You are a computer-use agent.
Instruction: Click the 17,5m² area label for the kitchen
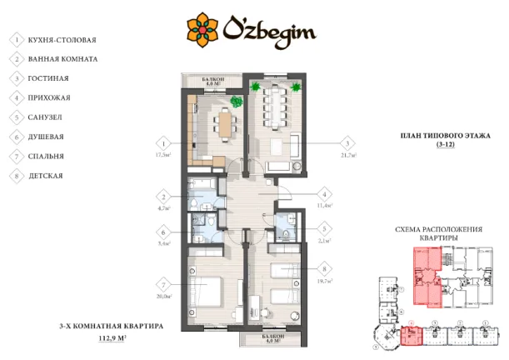pyautogui.click(x=162, y=155)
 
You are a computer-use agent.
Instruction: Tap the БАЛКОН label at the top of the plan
pyautogui.click(x=212, y=78)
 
